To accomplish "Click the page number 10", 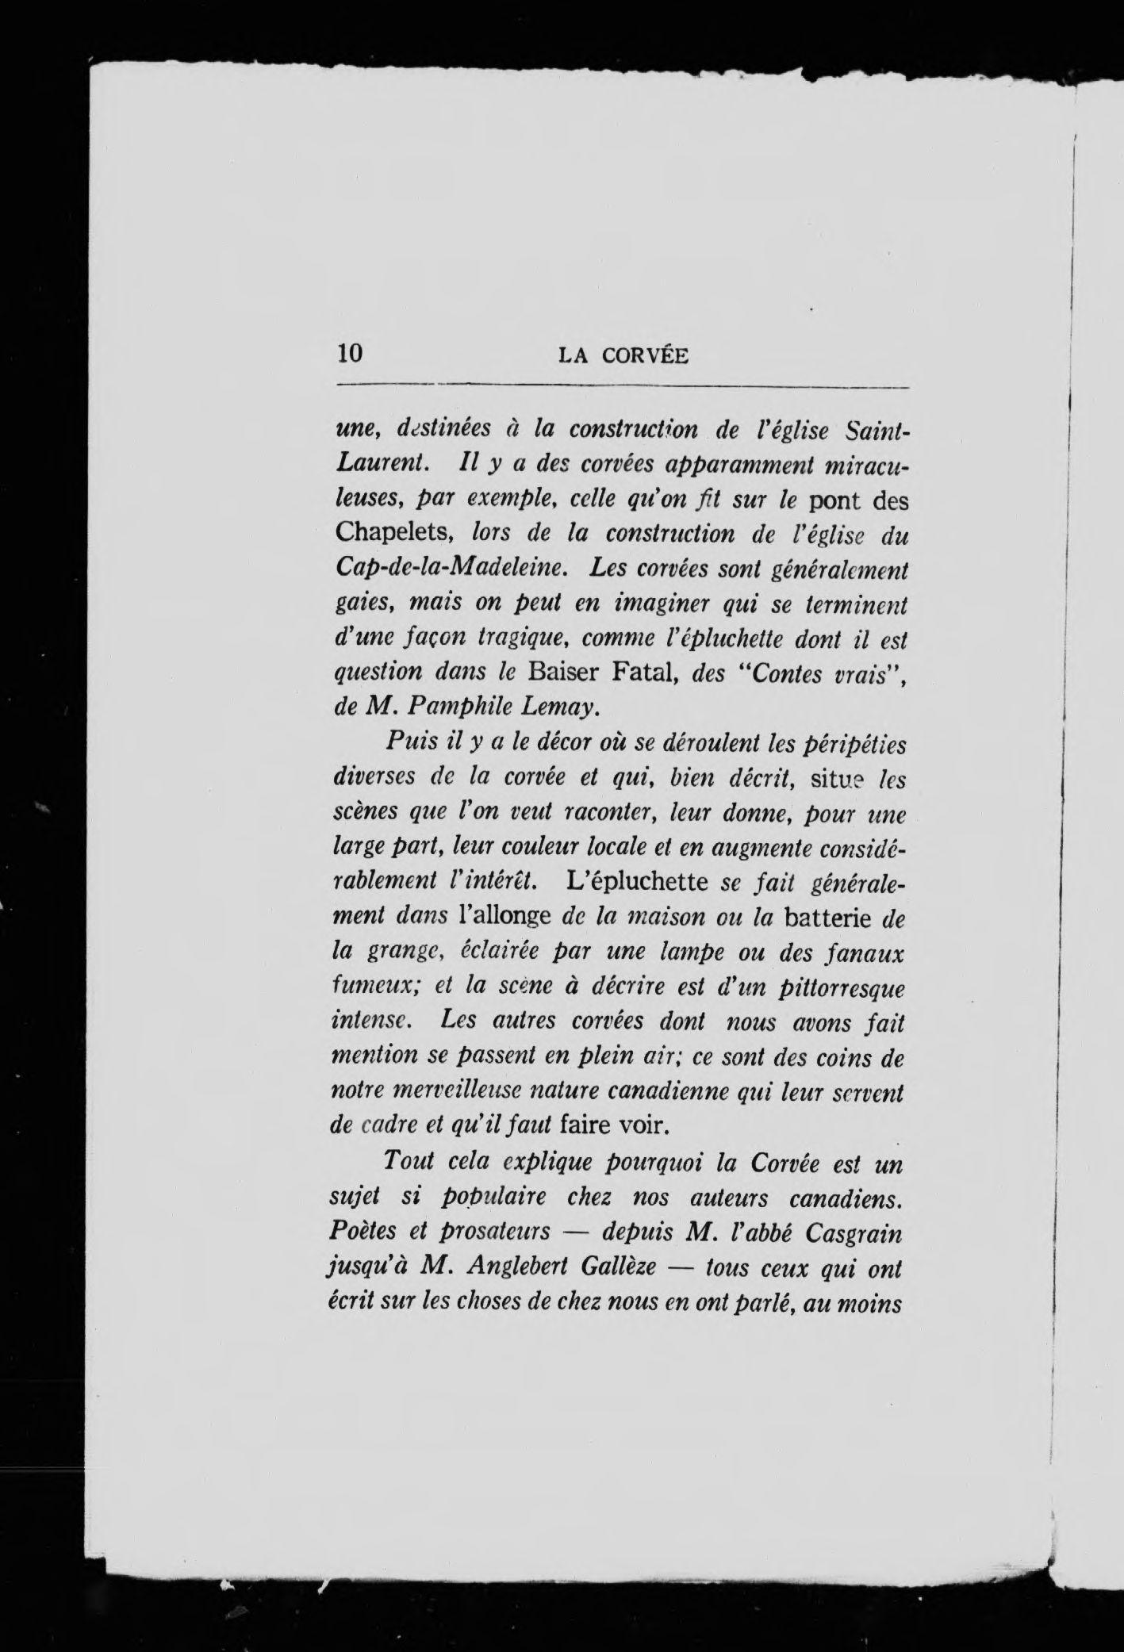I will click(350, 354).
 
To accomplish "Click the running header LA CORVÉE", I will click(623, 356).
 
